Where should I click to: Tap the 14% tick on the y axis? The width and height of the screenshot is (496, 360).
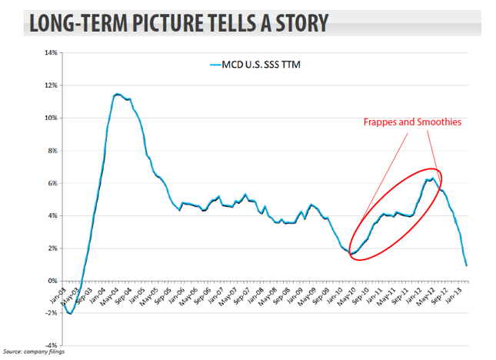click(51, 53)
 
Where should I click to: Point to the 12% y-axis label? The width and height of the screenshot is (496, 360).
click(51, 85)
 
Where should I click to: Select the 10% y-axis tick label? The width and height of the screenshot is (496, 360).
click(51, 118)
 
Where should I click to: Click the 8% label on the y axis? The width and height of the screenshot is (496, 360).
click(52, 151)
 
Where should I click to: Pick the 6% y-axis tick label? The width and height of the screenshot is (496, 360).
click(52, 183)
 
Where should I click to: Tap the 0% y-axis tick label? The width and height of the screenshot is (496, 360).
click(52, 281)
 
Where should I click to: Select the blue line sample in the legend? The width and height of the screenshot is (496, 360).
click(215, 66)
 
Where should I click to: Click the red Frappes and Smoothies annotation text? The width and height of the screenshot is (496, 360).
click(412, 122)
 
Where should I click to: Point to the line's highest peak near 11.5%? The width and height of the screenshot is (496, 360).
click(115, 94)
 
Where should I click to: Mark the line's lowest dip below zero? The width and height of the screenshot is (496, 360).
click(70, 313)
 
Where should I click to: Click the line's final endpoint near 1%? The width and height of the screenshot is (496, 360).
click(467, 265)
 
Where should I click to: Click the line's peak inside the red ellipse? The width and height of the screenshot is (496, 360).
click(431, 179)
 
